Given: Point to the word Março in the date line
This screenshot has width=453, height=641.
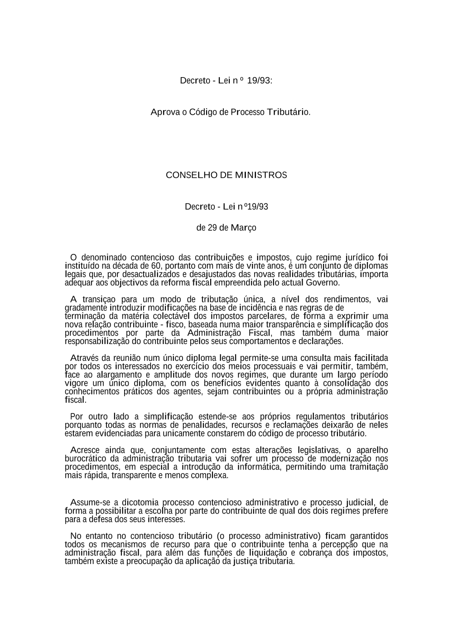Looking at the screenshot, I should coord(244,228).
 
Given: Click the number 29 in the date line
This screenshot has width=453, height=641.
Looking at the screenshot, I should coord(212,228).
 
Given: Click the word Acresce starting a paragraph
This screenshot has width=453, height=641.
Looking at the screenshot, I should coord(86,450).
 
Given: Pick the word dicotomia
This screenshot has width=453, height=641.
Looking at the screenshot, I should coord(140,502).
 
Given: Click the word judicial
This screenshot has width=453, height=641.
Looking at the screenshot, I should coord(360,502).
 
